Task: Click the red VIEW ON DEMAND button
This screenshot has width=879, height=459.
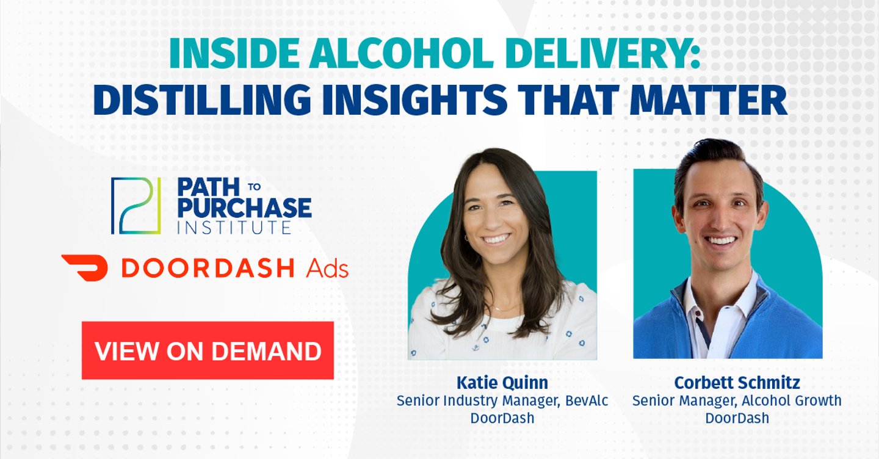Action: [x=208, y=350]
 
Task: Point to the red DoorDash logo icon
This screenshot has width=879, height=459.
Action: [x=84, y=267]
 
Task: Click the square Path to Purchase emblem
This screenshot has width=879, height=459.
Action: [x=136, y=206]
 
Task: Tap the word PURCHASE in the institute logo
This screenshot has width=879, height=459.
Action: [x=244, y=208]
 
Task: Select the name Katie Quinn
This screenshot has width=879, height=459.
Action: [x=502, y=383]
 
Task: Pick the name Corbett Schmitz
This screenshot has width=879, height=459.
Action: [x=737, y=383]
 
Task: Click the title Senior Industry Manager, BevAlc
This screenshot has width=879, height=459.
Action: [x=502, y=401]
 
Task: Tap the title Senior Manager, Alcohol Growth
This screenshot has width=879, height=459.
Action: [x=737, y=401]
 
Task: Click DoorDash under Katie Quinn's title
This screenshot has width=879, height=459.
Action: [x=502, y=419]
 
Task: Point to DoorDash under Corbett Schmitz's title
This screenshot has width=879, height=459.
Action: [x=737, y=419]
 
